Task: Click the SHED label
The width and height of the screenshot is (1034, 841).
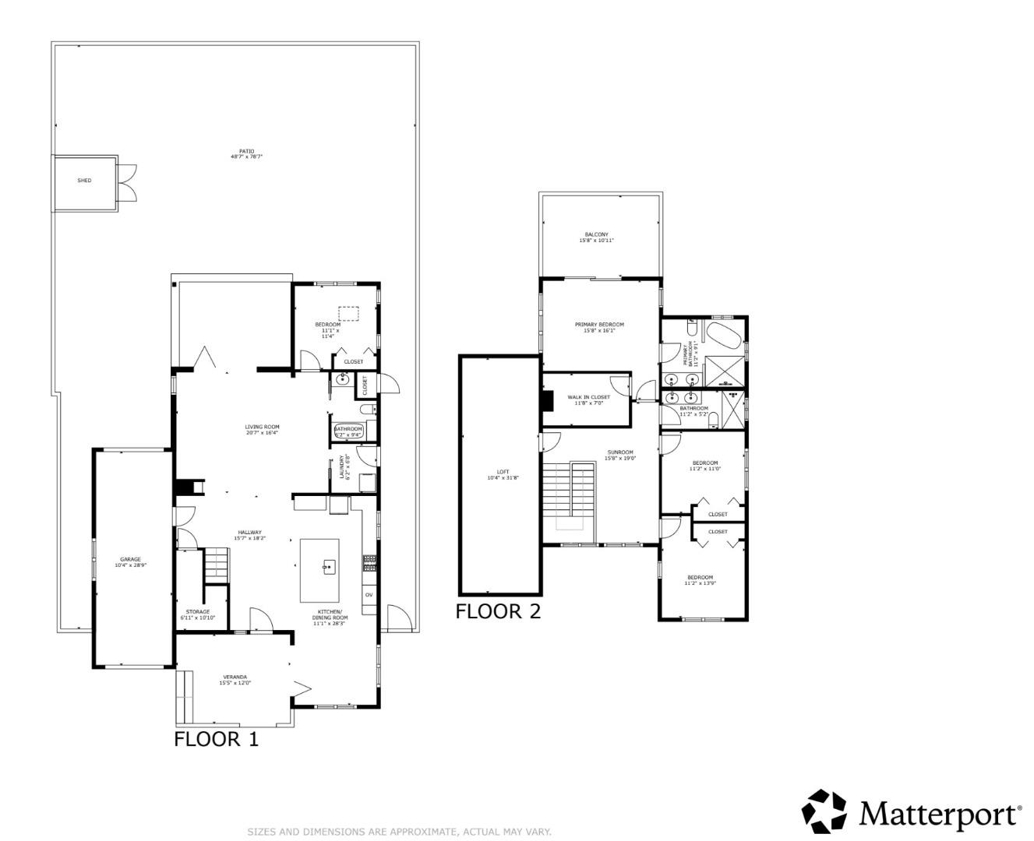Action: point(84,181)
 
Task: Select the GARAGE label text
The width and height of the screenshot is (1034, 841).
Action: point(130,559)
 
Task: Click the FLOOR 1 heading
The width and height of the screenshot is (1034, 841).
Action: point(216,739)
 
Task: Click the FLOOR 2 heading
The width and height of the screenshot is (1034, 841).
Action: point(497,611)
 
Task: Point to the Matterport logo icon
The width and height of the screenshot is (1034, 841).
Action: point(824,811)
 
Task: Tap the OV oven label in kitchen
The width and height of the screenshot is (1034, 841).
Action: point(369,595)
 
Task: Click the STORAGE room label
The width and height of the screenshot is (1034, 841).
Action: point(197,612)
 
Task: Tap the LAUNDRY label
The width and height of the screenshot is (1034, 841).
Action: point(341,467)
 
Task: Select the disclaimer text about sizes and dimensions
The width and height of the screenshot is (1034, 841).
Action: point(399,832)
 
